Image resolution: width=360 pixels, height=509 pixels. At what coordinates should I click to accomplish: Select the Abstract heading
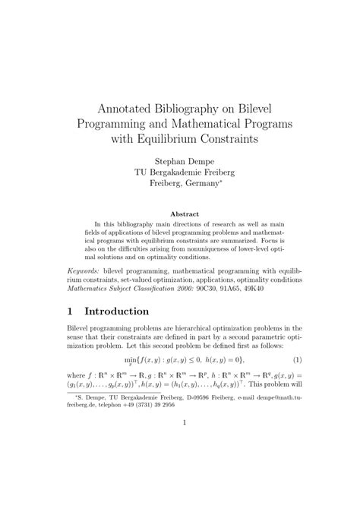tap(179, 214)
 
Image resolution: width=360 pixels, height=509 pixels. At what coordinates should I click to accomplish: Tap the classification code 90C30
tap(204, 289)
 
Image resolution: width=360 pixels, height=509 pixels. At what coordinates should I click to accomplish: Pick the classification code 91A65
tap(234, 289)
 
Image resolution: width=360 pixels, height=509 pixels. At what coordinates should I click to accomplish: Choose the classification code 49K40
tap(263, 289)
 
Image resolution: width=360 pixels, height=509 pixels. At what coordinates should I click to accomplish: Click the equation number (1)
tap(298, 359)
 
